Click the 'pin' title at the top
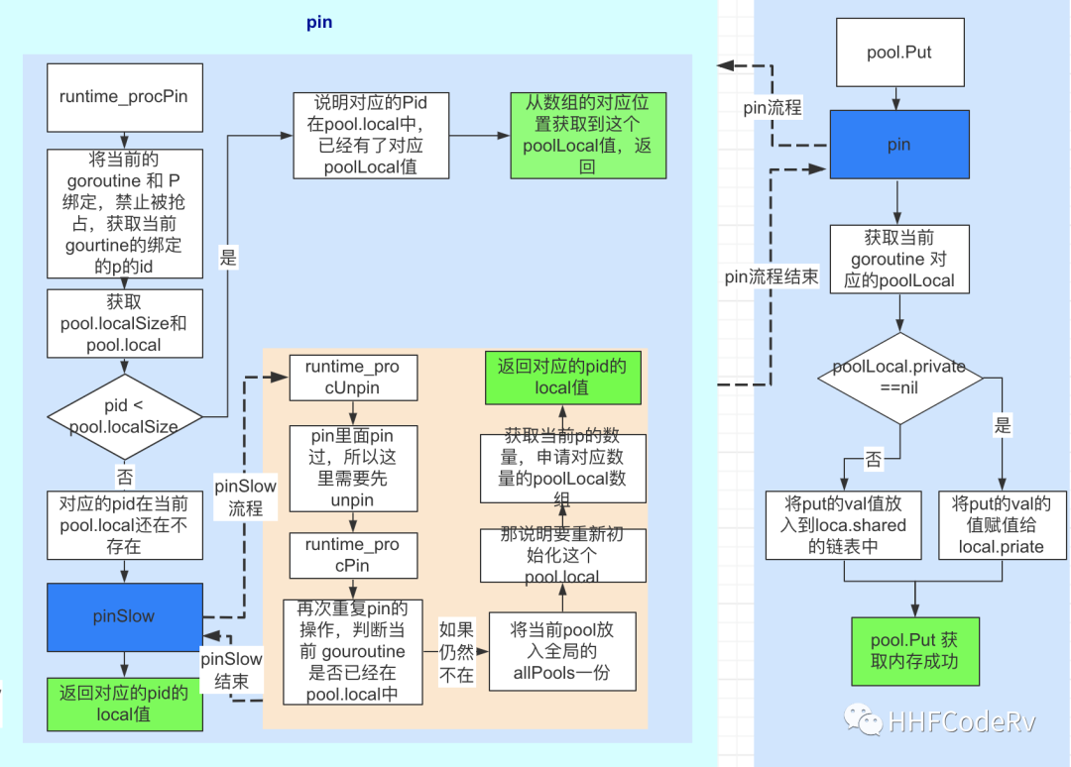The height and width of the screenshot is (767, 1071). pos(319,22)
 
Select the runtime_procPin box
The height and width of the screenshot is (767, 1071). pos(124,97)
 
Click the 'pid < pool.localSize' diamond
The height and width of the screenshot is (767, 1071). pos(124,417)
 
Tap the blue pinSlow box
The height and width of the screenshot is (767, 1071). pos(124,616)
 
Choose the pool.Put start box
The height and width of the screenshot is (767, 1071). pos(898,52)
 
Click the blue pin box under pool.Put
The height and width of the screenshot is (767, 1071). pos(898,145)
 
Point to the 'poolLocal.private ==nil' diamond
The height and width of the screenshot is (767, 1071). pos(899,378)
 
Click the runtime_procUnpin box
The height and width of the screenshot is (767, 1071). pos(352,378)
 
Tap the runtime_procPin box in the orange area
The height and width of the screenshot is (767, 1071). pos(352,555)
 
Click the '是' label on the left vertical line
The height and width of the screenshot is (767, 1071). pos(228,259)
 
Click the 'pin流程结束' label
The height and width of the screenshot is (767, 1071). pos(772,276)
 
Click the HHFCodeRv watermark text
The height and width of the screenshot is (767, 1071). pos(961,721)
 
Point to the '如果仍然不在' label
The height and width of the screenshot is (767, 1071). pos(457,652)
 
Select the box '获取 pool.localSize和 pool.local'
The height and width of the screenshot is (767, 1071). pos(124,323)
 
